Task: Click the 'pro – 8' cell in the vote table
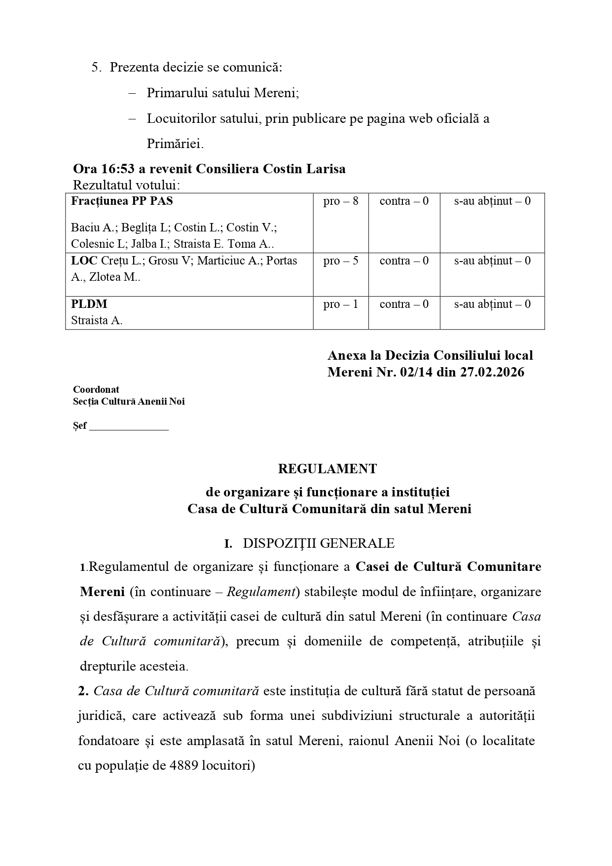tap(341, 201)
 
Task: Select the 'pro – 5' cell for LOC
tap(341, 261)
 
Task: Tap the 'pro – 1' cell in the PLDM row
tap(341, 304)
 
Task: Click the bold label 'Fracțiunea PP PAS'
tap(122, 201)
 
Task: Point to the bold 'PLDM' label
tap(89, 304)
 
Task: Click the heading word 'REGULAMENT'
tap(327, 469)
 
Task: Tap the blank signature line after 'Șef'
tap(129, 426)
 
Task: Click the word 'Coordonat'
tap(96, 390)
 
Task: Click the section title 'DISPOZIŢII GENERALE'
tap(319, 544)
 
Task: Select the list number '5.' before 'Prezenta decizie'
tap(97, 68)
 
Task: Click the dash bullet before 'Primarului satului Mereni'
tap(132, 93)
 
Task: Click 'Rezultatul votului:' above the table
tap(127, 186)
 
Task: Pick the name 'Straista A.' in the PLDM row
tap(97, 321)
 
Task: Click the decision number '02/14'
tap(410, 372)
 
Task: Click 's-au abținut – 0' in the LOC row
tap(492, 261)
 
